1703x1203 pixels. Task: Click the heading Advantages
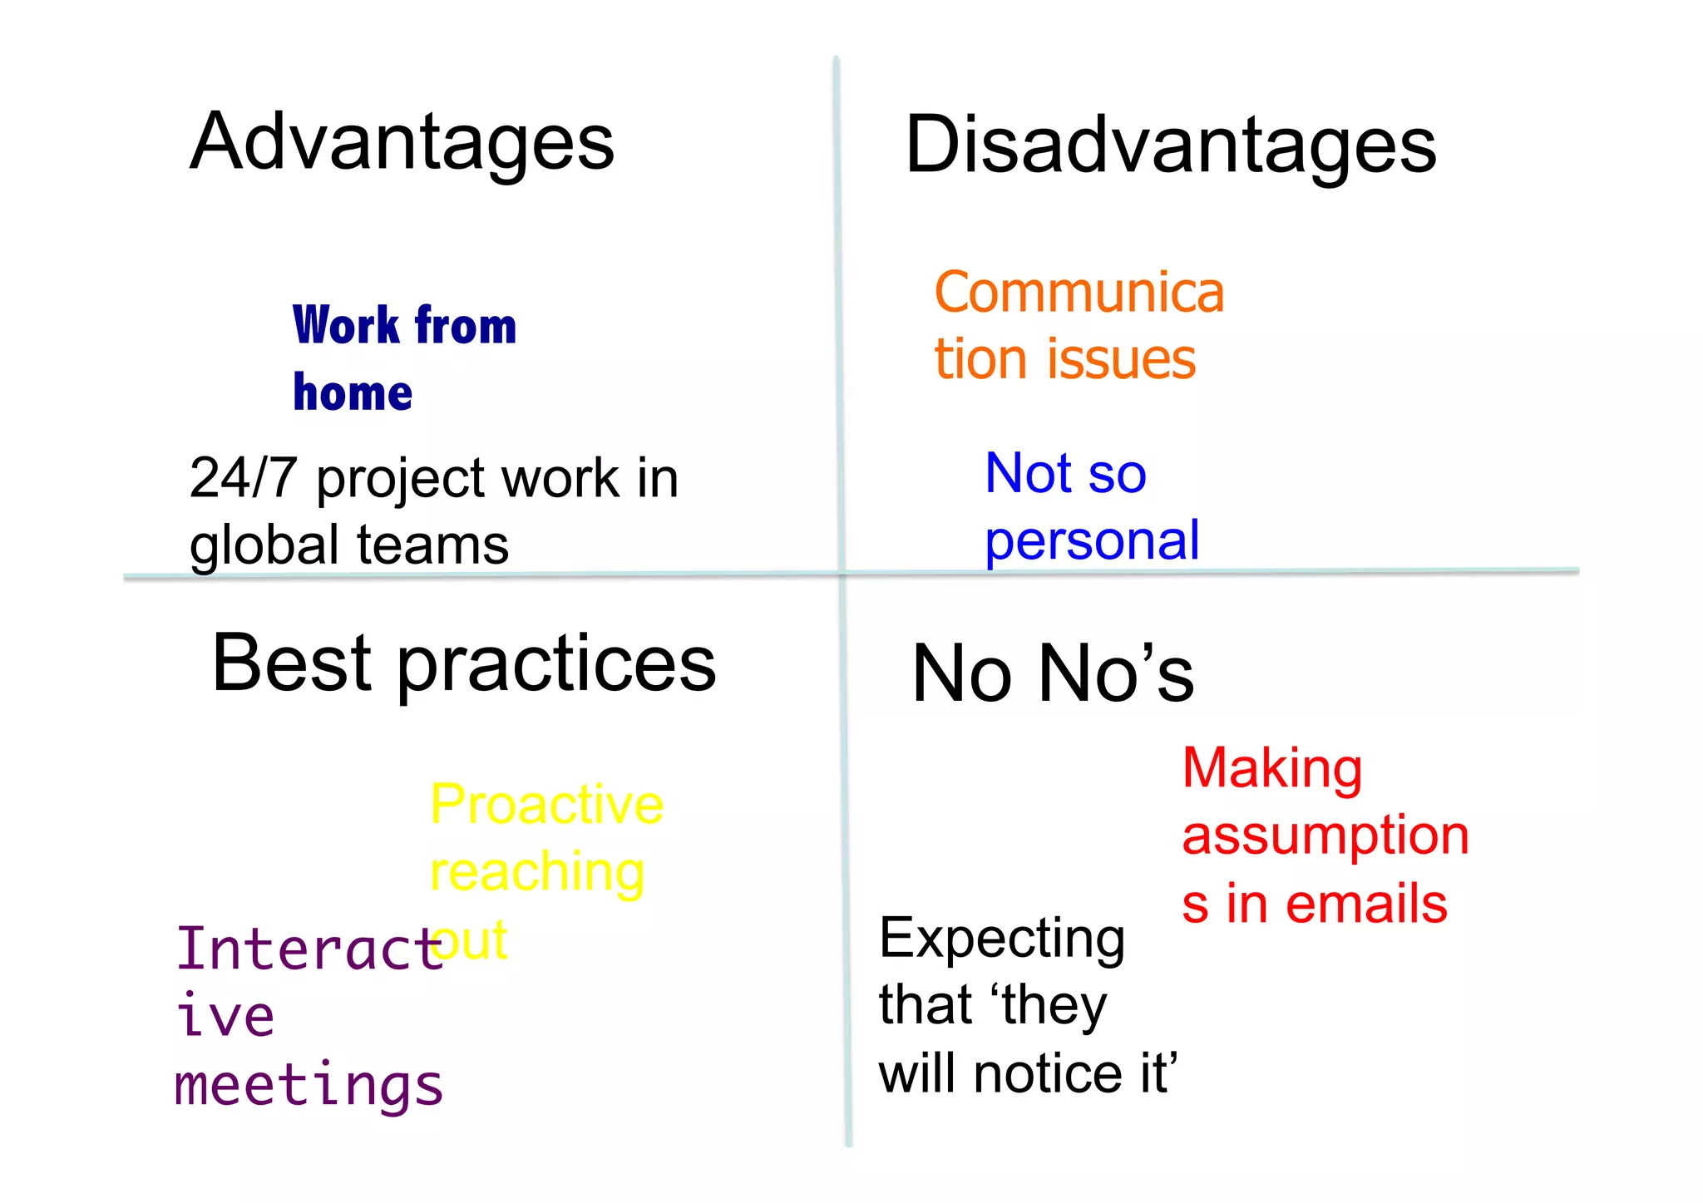[402, 143]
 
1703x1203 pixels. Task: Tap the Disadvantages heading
[1170, 146]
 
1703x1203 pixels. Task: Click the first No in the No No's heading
[962, 673]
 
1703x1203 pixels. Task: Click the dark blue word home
[353, 392]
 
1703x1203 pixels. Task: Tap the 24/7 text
[243, 478]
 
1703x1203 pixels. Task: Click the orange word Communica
[1079, 293]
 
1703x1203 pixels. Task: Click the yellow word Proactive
[546, 805]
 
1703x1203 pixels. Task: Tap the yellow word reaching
[537, 873]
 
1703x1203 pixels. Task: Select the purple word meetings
[309, 1087]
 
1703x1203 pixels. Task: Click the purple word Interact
[309, 949]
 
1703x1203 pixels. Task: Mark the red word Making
[1271, 768]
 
